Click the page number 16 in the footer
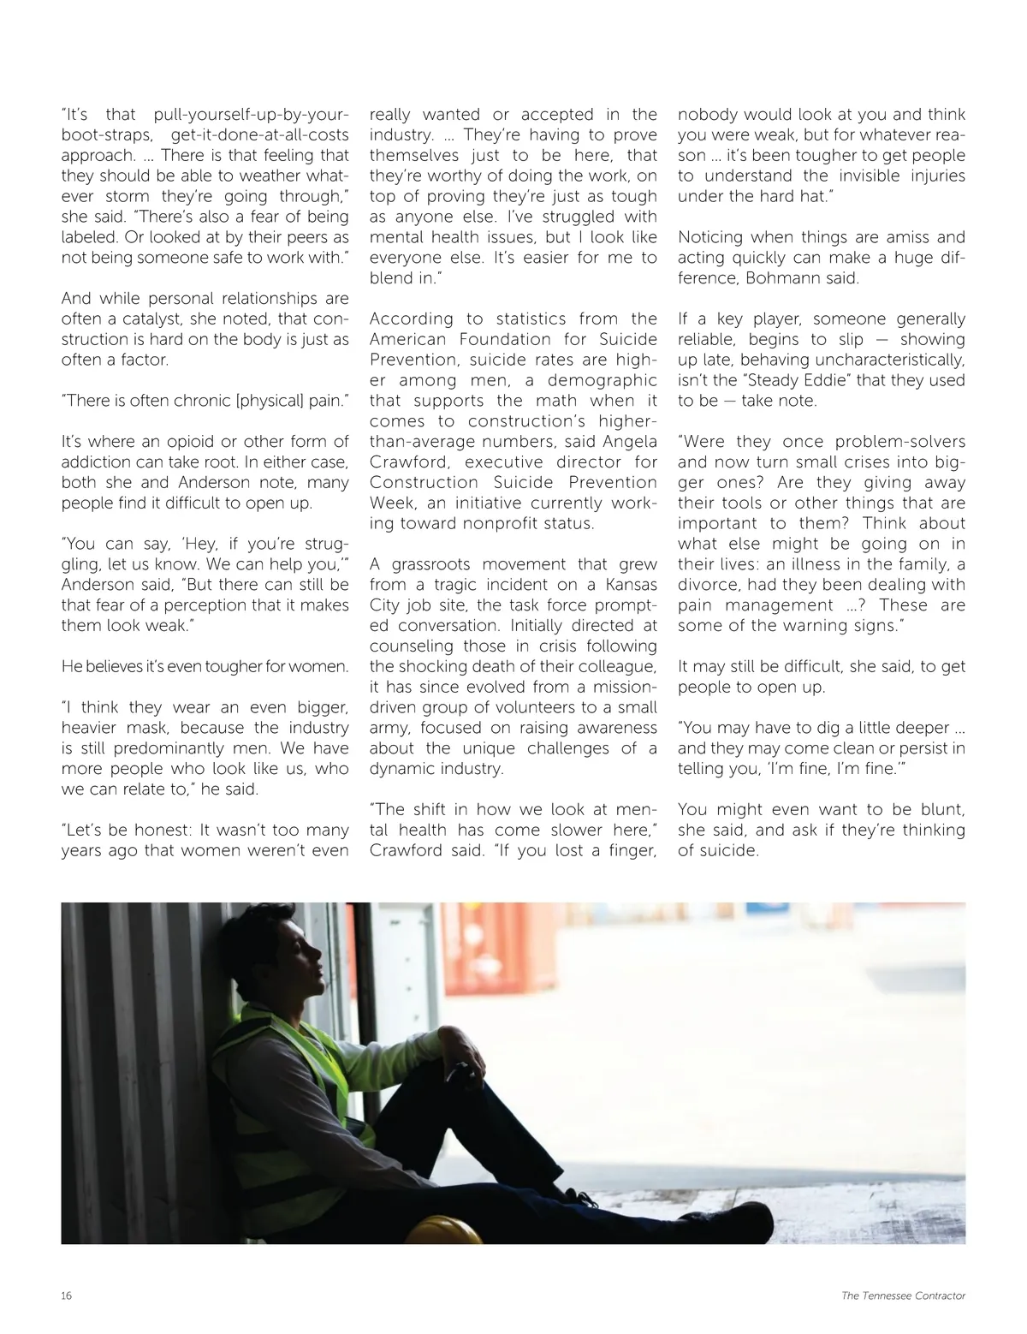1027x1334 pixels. (67, 1295)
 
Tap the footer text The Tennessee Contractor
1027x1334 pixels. (903, 1295)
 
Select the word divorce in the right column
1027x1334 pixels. (707, 585)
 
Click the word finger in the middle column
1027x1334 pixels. (629, 850)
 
